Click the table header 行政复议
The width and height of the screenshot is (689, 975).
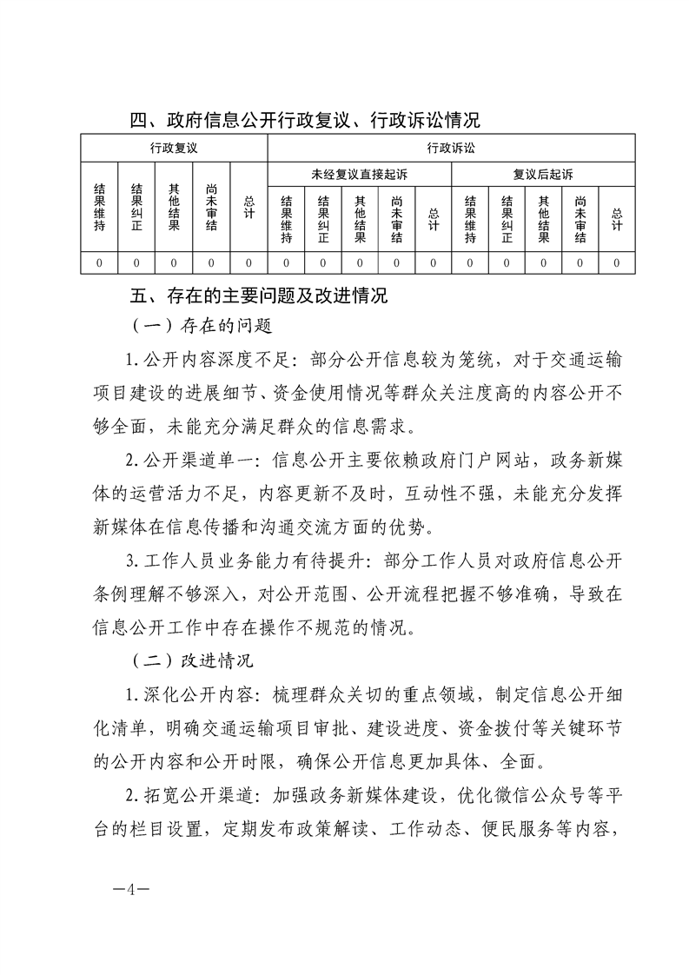pyautogui.click(x=174, y=149)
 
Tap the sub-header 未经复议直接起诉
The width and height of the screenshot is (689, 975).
pyautogui.click(x=359, y=175)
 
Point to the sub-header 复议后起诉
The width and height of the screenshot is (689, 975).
pyautogui.click(x=543, y=175)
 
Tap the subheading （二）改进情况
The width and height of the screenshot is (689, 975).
pyautogui.click(x=194, y=660)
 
